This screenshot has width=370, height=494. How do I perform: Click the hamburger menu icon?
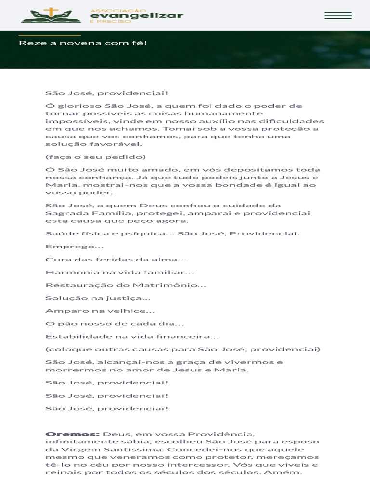(x=338, y=15)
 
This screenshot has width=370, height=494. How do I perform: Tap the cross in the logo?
(x=50, y=12)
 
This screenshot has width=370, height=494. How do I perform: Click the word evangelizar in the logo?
(x=137, y=15)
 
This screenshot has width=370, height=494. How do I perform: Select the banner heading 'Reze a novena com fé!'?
(x=83, y=43)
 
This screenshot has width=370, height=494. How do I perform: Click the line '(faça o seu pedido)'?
(x=95, y=157)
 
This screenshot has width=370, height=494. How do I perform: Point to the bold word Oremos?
(x=72, y=434)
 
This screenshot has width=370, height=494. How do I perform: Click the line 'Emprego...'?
(x=74, y=247)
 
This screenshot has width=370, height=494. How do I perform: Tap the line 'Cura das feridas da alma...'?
(x=116, y=260)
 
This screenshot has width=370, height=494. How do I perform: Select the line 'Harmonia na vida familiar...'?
(x=119, y=272)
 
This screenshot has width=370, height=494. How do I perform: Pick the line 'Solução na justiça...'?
(x=98, y=298)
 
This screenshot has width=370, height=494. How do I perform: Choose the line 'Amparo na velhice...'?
(x=100, y=311)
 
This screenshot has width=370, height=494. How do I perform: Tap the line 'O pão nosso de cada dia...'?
(x=115, y=324)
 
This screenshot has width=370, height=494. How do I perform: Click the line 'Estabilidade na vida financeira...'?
(x=132, y=337)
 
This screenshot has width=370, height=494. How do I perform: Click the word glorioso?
(x=80, y=106)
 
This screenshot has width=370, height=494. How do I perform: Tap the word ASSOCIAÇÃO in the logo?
(x=118, y=10)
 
